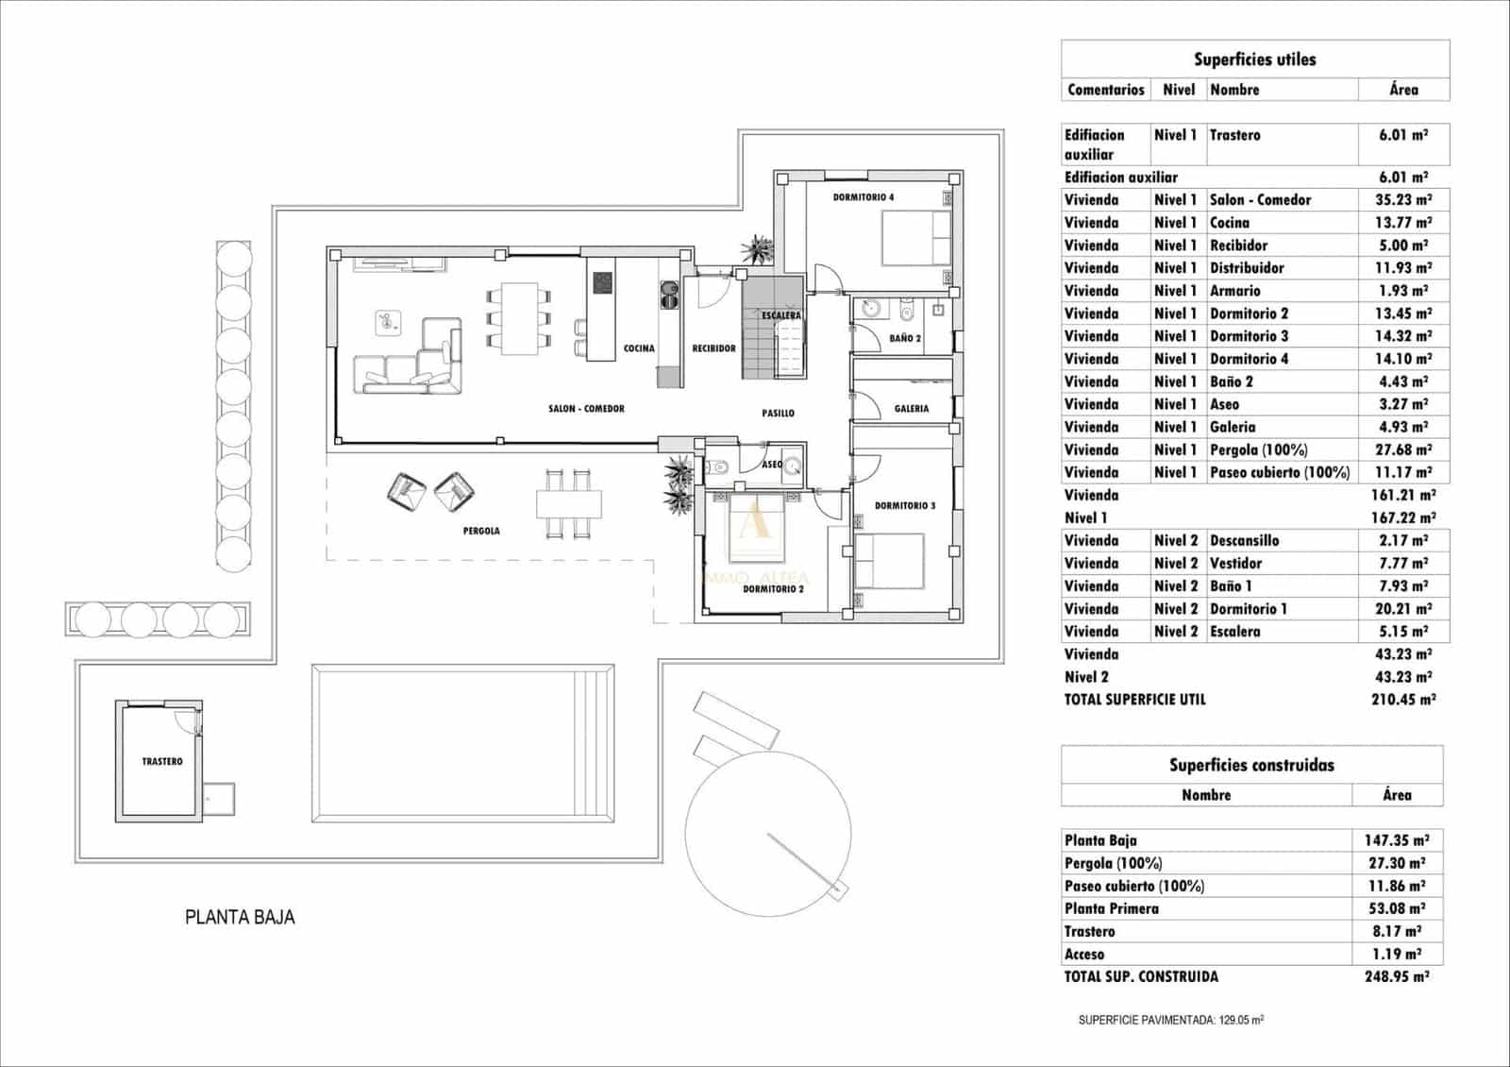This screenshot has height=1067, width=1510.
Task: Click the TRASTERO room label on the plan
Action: coord(162,761)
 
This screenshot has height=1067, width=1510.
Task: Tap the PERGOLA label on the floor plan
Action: coord(481,531)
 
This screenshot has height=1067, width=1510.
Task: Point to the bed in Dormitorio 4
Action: coord(915,238)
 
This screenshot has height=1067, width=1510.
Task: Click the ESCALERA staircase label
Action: coord(781,315)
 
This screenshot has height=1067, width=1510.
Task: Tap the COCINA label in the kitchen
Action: coord(639,348)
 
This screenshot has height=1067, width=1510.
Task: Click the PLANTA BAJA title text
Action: coord(240,917)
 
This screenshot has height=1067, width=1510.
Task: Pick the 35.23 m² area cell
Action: coord(1402,200)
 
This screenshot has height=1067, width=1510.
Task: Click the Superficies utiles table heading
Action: coord(1254,59)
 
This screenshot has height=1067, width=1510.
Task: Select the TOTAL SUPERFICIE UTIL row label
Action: coord(1134,700)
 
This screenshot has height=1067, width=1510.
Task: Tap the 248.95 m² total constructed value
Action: coord(1396,976)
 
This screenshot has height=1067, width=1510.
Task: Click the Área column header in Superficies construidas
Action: coord(1396,795)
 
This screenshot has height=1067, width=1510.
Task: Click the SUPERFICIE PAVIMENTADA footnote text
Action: coord(1170,1021)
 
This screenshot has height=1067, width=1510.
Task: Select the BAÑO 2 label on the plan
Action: coord(904,338)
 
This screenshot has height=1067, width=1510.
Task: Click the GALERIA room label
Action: coord(911,409)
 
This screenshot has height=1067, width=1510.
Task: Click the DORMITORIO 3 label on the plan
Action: coord(904,506)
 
